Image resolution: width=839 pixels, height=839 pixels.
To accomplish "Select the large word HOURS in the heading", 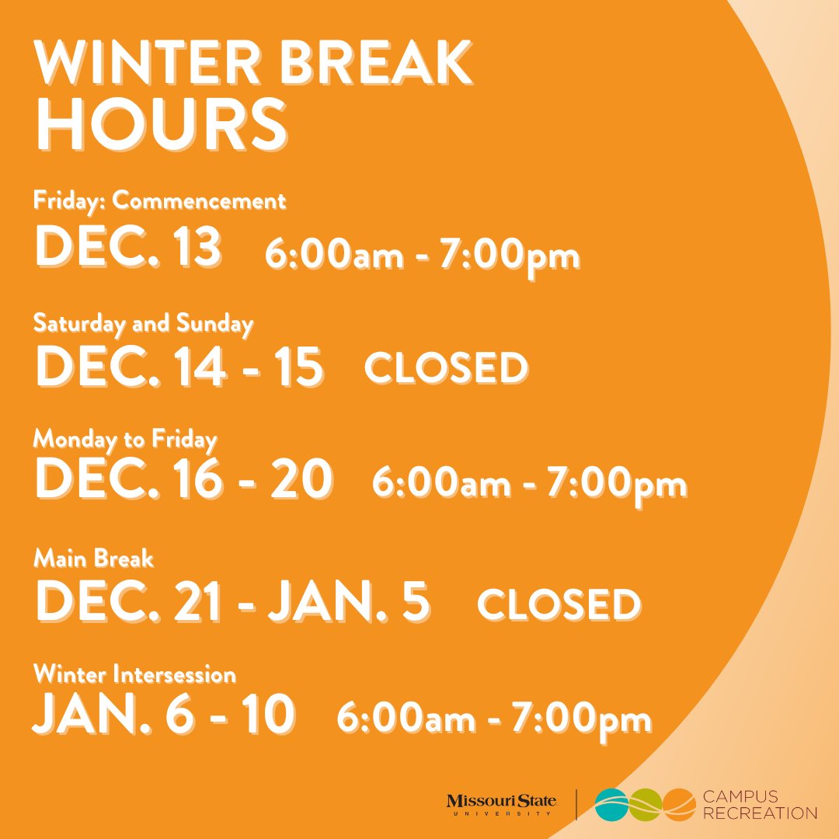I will pyautogui.click(x=161, y=124).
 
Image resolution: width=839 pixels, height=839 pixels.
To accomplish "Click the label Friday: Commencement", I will pyautogui.click(x=159, y=201).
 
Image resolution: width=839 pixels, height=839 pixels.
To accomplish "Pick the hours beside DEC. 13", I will pyautogui.click(x=422, y=256).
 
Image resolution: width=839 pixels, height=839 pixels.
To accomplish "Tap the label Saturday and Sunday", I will pyautogui.click(x=144, y=323).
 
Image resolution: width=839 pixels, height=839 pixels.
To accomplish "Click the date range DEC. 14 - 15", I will pyautogui.click(x=179, y=367).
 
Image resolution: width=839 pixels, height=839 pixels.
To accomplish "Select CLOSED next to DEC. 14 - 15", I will pyautogui.click(x=446, y=368).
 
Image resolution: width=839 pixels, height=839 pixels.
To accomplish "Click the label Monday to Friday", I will pyautogui.click(x=125, y=440).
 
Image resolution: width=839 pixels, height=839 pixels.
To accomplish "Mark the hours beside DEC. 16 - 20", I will pyautogui.click(x=529, y=485).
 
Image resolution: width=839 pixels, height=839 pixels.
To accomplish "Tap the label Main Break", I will pyautogui.click(x=94, y=558).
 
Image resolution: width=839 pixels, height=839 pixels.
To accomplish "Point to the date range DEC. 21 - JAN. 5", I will pyautogui.click(x=232, y=601).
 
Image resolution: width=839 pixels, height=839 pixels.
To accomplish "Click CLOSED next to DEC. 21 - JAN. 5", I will pyautogui.click(x=559, y=605).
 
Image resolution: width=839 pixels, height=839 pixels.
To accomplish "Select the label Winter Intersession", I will pyautogui.click(x=134, y=674).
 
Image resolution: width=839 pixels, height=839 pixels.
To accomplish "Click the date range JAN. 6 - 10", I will pyautogui.click(x=163, y=715).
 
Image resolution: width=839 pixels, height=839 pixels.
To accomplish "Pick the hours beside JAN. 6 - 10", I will pyautogui.click(x=493, y=719).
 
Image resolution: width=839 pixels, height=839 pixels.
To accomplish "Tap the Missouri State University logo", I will pyautogui.click(x=501, y=805).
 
